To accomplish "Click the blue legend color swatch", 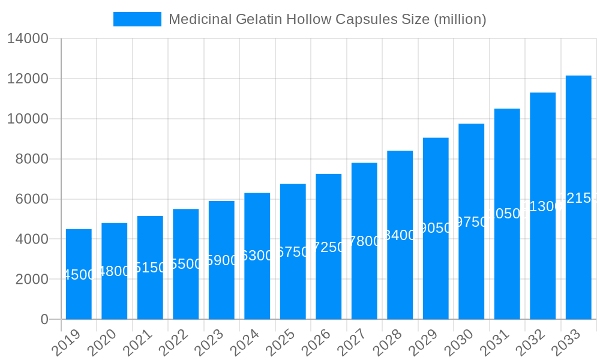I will (137, 19).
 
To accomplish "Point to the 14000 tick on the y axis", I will (28, 39).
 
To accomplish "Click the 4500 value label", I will (79, 275).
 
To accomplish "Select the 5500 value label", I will (186, 264).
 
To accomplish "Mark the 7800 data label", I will (364, 241).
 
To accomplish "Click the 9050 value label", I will (436, 228).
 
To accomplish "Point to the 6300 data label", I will (257, 256).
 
